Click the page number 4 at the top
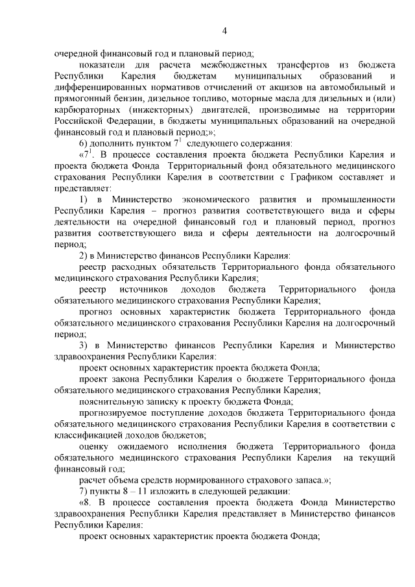[x=224, y=31]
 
